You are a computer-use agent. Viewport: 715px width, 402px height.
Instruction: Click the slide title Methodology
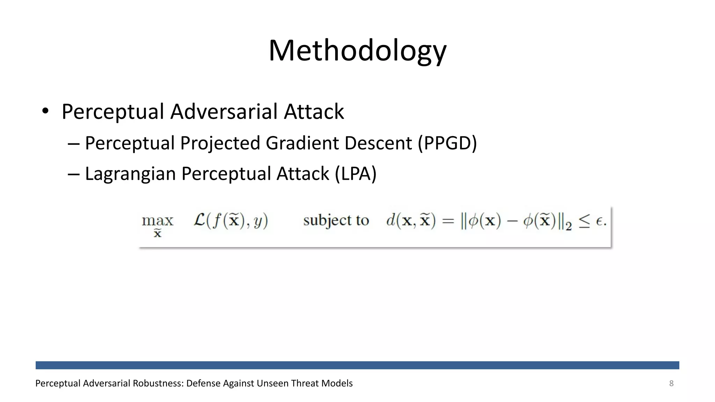pyautogui.click(x=357, y=51)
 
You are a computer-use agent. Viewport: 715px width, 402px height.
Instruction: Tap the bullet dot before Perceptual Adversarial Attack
pyautogui.click(x=45, y=111)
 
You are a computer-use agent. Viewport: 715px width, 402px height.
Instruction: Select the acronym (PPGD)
pyautogui.click(x=447, y=143)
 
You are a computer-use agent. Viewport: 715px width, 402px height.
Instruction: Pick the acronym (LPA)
pyautogui.click(x=355, y=174)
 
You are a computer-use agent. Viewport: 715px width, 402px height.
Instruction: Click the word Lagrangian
pyautogui.click(x=130, y=174)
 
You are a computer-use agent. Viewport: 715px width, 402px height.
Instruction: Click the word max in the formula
pyautogui.click(x=157, y=221)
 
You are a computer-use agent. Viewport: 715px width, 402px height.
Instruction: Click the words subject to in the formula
pyautogui.click(x=336, y=221)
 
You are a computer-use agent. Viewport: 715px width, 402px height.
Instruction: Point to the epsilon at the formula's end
pyautogui.click(x=599, y=222)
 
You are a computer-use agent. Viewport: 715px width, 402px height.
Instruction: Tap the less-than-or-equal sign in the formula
pyautogui.click(x=584, y=221)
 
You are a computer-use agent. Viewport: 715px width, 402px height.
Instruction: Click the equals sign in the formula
pyautogui.click(x=448, y=221)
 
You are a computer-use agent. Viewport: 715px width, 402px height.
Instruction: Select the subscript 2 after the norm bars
pyautogui.click(x=569, y=227)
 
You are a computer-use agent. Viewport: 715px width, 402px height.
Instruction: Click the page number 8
pyautogui.click(x=671, y=384)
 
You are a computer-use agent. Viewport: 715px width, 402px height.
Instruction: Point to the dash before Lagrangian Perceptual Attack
pyautogui.click(x=74, y=174)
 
